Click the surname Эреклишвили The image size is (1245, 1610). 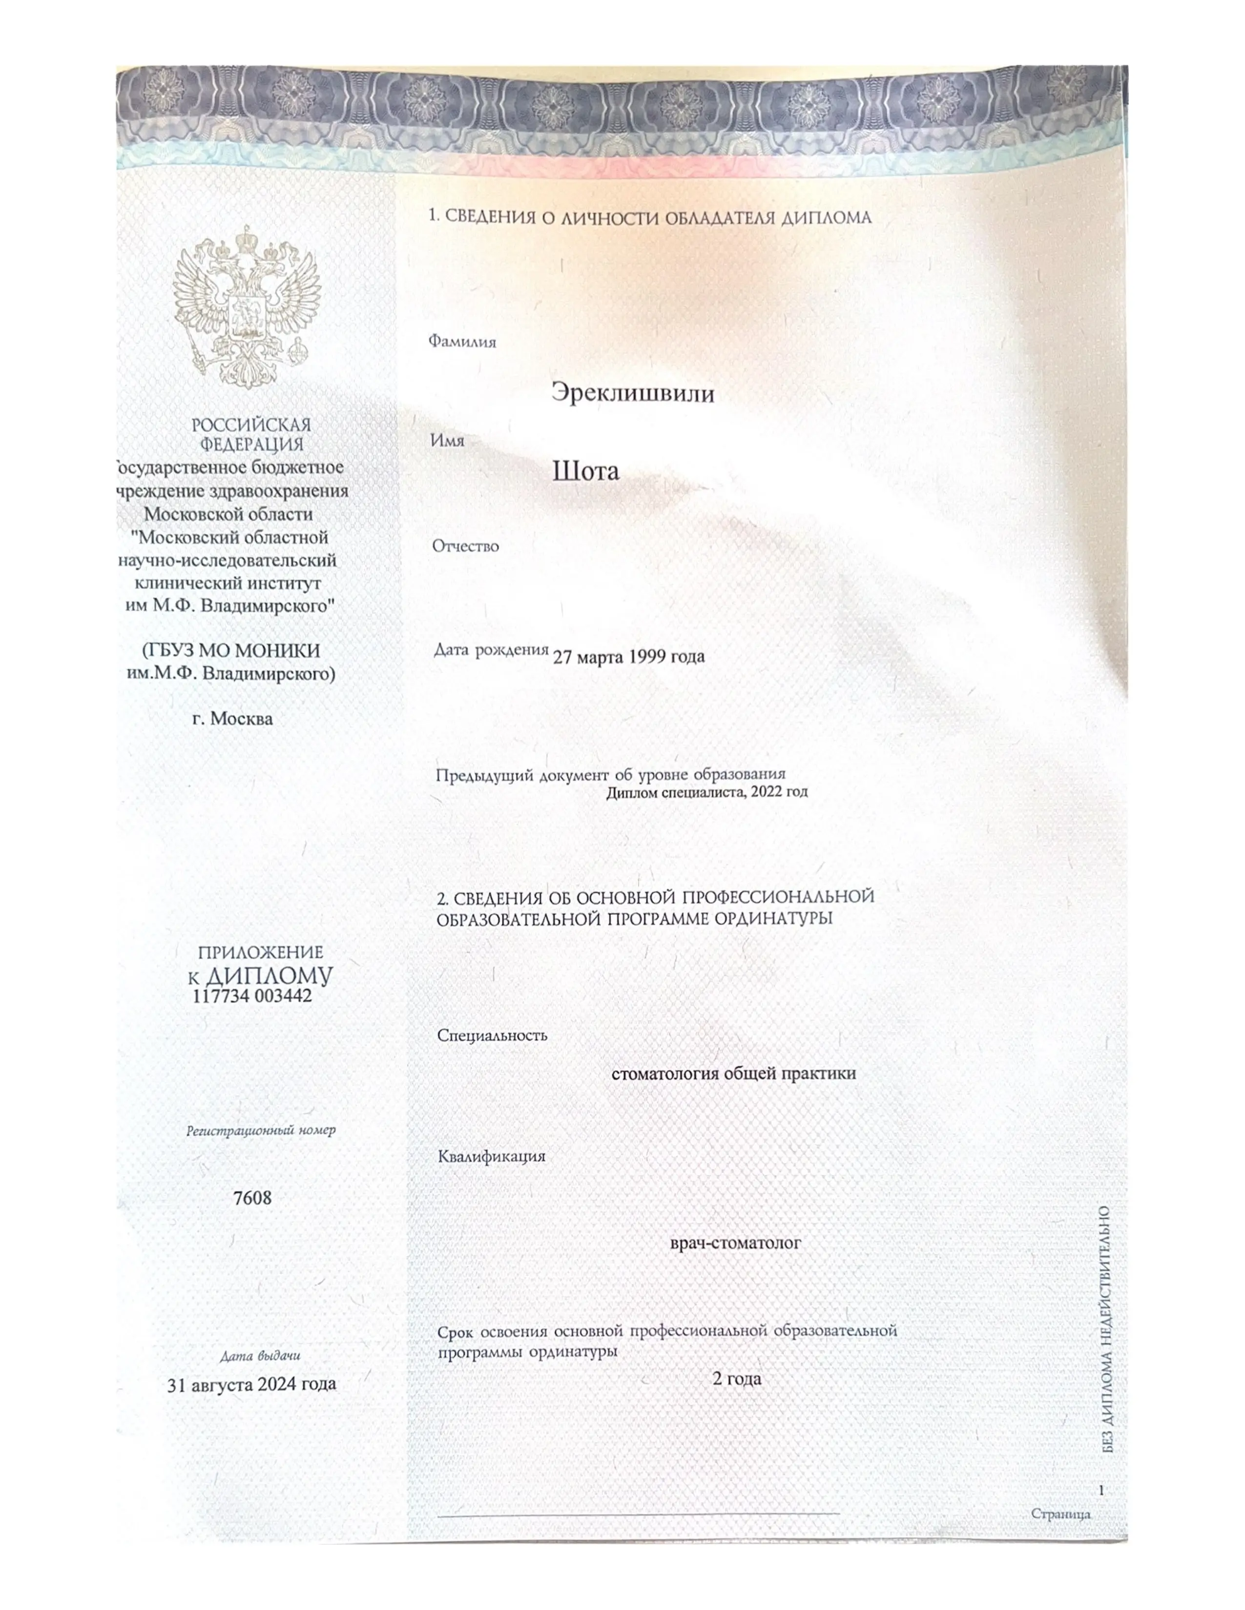pyautogui.click(x=633, y=393)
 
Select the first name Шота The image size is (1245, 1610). pyautogui.click(x=585, y=471)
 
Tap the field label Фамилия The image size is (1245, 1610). pyautogui.click(x=462, y=342)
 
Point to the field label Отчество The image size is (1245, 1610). pyautogui.click(x=465, y=546)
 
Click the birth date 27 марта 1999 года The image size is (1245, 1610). pyautogui.click(x=628, y=656)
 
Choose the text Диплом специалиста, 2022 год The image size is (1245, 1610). pyautogui.click(x=706, y=792)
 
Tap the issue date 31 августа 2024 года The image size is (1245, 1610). pyautogui.click(x=251, y=1385)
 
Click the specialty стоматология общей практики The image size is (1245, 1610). pyautogui.click(x=733, y=1073)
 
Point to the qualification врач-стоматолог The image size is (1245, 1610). pyautogui.click(x=735, y=1243)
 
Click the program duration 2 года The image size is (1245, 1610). pyautogui.click(x=736, y=1379)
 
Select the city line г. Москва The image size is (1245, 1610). pyautogui.click(x=232, y=718)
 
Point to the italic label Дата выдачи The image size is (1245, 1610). pyautogui.click(x=260, y=1356)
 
